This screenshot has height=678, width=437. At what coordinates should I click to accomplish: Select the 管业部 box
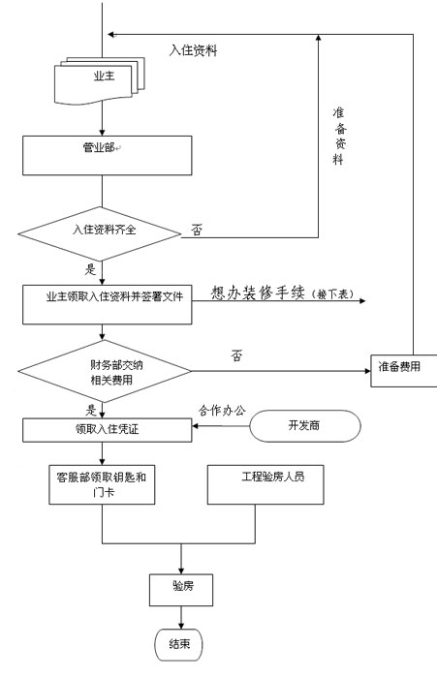click(x=108, y=156)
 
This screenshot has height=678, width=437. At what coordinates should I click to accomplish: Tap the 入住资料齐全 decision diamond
click(x=100, y=234)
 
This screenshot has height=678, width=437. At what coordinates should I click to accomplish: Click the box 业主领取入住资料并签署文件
click(x=108, y=304)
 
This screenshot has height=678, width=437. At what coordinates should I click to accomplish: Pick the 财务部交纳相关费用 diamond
click(x=105, y=371)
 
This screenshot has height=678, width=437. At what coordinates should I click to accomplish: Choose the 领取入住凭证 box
click(x=108, y=430)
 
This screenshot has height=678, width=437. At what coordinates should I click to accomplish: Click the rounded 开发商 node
click(x=305, y=426)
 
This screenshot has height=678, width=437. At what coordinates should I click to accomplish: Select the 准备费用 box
click(x=404, y=371)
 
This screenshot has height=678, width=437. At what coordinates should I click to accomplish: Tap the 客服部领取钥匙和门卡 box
click(x=102, y=484)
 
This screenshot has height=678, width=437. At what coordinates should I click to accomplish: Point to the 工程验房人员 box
click(x=265, y=484)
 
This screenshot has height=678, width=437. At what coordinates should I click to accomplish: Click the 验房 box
click(x=181, y=590)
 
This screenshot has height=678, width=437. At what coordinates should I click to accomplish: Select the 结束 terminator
click(x=178, y=645)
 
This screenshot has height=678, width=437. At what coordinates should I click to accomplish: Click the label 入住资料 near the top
click(x=193, y=50)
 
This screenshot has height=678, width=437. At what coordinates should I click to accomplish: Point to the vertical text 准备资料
click(x=340, y=136)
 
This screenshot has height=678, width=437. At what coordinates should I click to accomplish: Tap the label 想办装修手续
click(x=258, y=293)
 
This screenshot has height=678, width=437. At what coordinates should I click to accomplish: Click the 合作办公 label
click(x=222, y=410)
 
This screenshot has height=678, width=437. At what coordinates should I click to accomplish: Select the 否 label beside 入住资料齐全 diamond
click(x=197, y=231)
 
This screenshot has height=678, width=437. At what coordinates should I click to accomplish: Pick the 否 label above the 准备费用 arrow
click(x=236, y=355)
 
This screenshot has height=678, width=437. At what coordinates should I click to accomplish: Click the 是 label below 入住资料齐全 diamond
click(x=90, y=269)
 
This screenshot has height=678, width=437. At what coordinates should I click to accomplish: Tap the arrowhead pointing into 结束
click(x=181, y=626)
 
